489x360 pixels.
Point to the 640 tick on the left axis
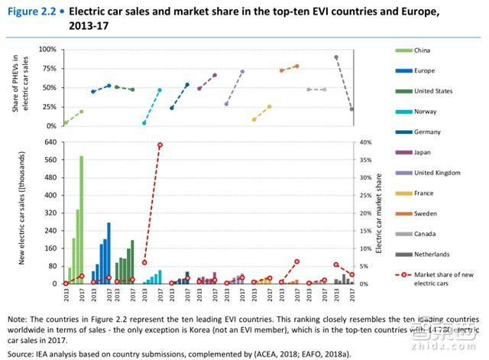tap(50, 142)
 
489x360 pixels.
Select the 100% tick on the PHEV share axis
tap(47, 49)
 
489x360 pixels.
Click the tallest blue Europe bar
tap(108, 253)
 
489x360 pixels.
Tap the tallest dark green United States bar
tap(132, 261)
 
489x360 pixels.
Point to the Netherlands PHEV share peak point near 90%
tap(336, 57)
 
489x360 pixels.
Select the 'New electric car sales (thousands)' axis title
tap(26, 212)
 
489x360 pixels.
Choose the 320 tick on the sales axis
tap(50, 212)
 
